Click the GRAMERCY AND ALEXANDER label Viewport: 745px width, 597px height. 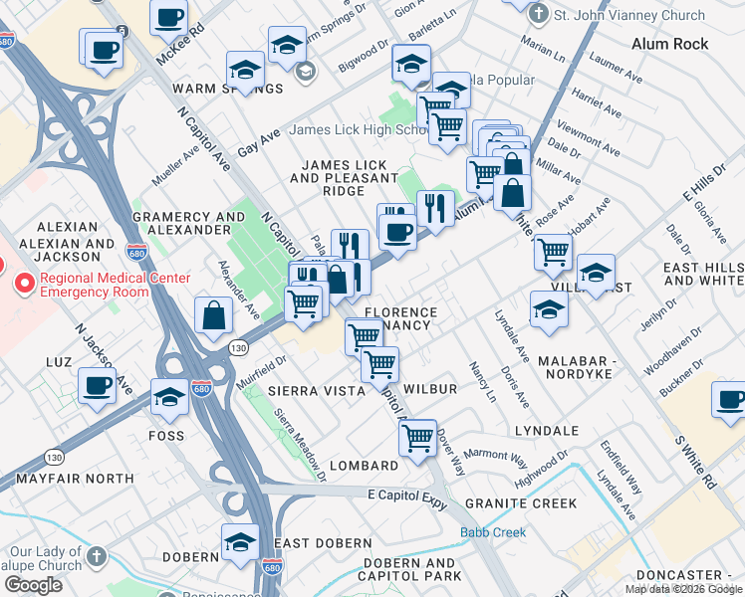point(188,223)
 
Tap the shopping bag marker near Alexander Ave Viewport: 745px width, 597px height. point(214,315)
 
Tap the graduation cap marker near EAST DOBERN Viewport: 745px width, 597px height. point(240,542)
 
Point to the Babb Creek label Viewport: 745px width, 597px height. point(492,532)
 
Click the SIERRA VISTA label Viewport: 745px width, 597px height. point(317,391)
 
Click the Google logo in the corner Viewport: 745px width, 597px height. point(33,585)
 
